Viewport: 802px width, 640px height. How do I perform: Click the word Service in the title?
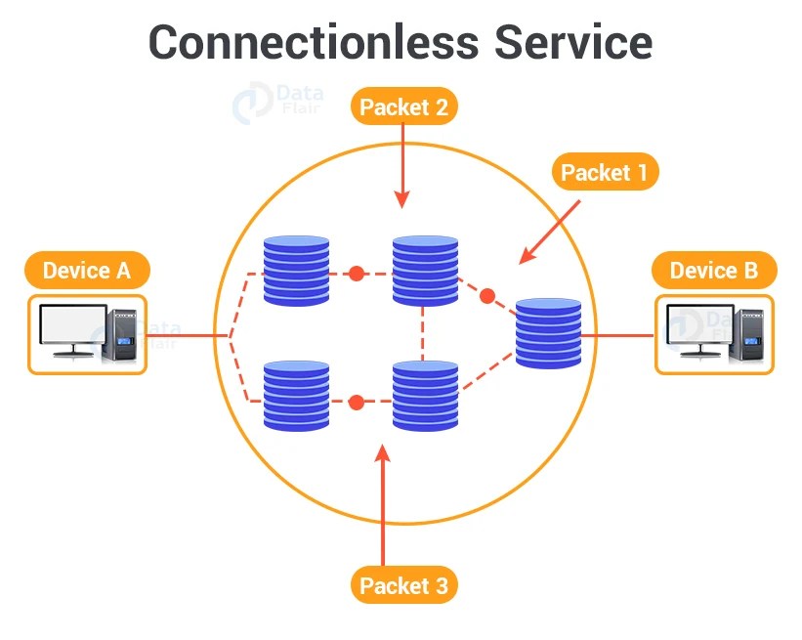pos(572,42)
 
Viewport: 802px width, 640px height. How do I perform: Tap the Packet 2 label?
pos(403,107)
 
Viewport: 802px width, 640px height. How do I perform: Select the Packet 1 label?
pos(605,173)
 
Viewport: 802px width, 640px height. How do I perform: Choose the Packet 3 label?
pos(403,585)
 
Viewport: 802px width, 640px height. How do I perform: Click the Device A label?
pos(87,271)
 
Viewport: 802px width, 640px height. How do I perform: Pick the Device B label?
pos(713,271)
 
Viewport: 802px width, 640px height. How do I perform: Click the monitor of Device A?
pos(72,330)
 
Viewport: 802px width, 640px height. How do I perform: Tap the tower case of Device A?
pos(124,335)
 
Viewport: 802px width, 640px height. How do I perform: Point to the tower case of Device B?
pos(750,335)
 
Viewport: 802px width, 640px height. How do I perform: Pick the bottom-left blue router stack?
pos(296,397)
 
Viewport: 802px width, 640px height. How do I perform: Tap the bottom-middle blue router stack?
pos(425,397)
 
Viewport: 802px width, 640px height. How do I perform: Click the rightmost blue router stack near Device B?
pos(548,333)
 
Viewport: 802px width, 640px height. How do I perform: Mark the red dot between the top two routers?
pos(357,274)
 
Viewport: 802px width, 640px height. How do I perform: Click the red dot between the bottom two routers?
pos(357,402)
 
